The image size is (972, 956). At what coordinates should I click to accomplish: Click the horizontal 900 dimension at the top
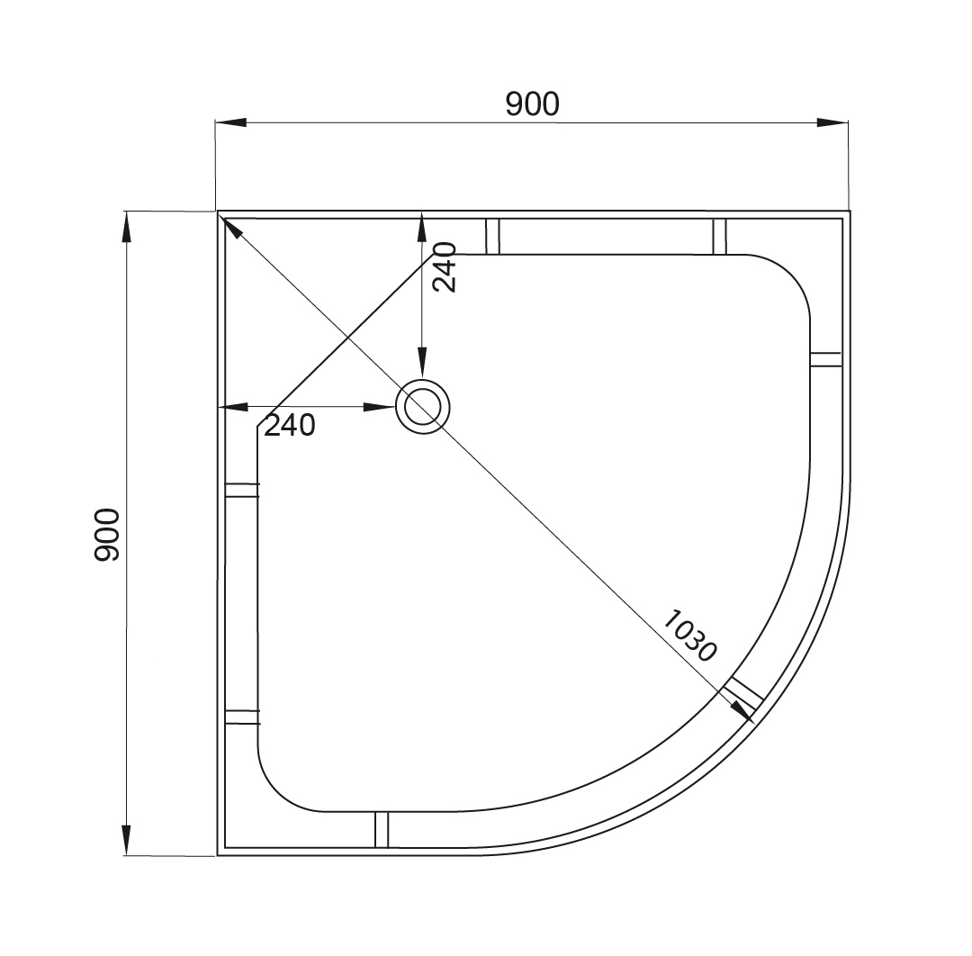point(532,104)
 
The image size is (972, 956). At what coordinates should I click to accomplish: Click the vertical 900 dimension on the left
point(106,535)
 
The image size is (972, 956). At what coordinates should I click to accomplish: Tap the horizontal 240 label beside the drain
point(290,425)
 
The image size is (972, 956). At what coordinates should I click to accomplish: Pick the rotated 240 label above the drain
point(445,267)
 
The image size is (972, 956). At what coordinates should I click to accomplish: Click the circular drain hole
point(423,407)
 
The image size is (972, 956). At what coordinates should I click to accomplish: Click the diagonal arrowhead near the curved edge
point(742,712)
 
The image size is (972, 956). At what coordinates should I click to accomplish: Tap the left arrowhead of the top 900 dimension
point(231,122)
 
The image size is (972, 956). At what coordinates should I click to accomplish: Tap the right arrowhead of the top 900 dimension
point(832,122)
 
